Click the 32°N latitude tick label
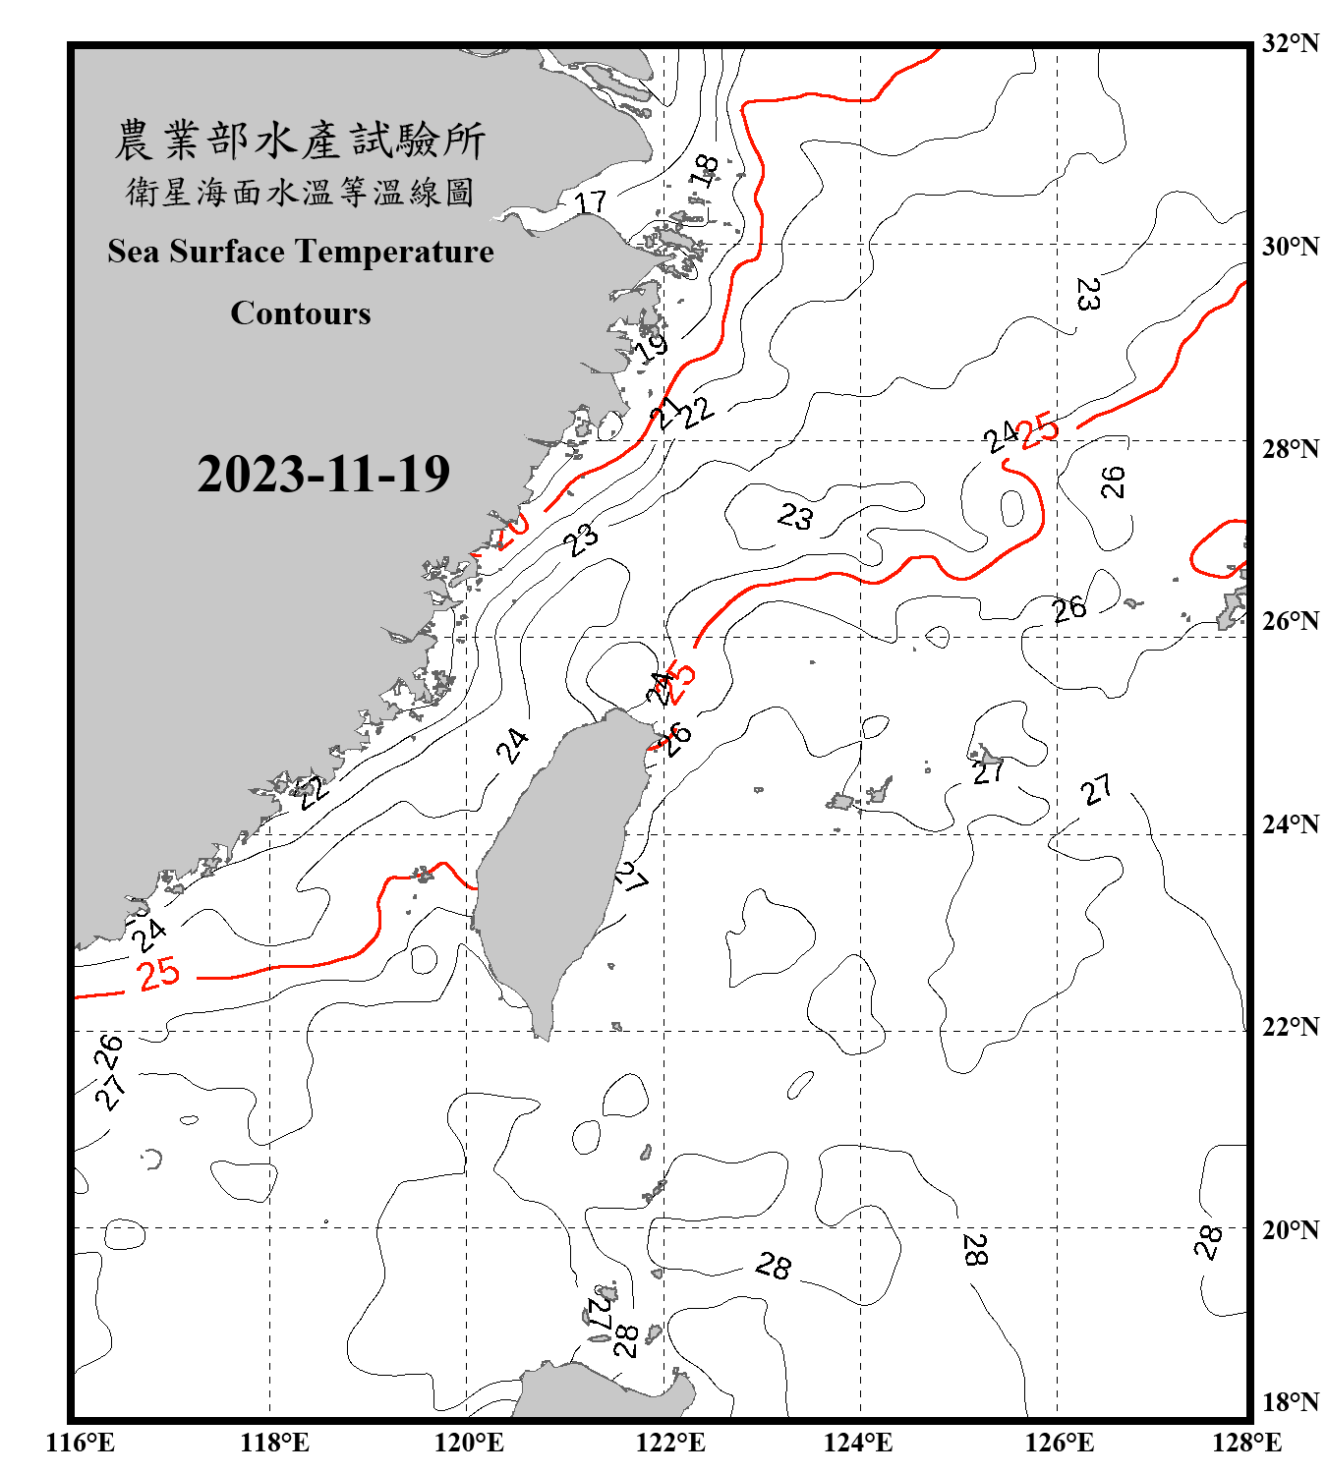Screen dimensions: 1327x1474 (x=1290, y=43)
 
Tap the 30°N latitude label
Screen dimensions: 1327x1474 (x=1290, y=246)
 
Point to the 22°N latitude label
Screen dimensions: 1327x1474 (x=1290, y=1027)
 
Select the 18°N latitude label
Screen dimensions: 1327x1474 (x=1290, y=1401)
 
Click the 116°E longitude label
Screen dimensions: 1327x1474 (x=80, y=1443)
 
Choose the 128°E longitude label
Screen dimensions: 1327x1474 (x=1246, y=1443)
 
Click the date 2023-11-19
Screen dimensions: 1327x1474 (x=323, y=474)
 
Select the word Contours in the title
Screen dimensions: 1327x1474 (x=301, y=313)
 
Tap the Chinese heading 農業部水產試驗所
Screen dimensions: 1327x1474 (x=300, y=141)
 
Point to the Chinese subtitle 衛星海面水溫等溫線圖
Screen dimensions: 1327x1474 (x=300, y=192)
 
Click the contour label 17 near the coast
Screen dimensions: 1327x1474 (x=590, y=202)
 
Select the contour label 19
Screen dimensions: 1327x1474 (x=652, y=347)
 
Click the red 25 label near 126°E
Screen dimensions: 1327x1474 (x=1039, y=429)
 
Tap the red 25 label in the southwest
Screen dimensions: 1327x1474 (x=159, y=974)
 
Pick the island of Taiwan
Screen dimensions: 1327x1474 (x=555, y=865)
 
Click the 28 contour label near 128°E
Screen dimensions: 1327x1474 (x=1208, y=1242)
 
